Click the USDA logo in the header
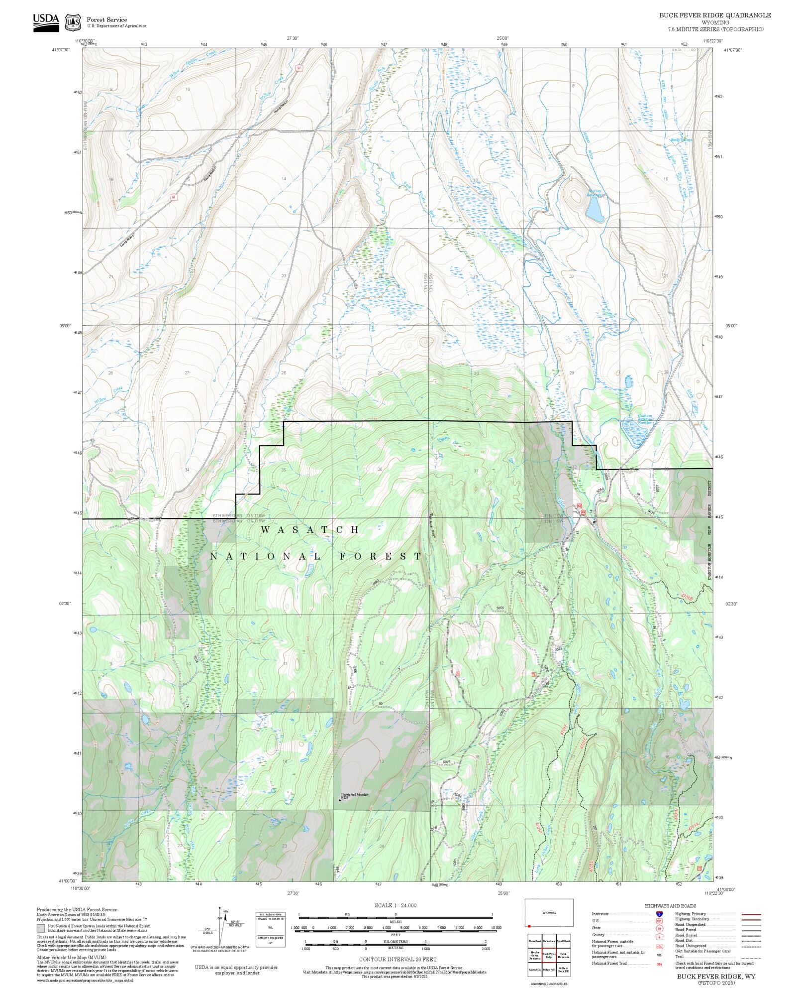tap(46, 22)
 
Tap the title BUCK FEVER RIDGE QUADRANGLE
tap(715, 15)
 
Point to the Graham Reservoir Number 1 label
tap(645, 419)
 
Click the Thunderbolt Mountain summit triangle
tap(340, 800)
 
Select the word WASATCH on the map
tap(309, 529)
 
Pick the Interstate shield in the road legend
tap(659, 914)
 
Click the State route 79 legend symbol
tap(659, 928)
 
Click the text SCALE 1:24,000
tap(396, 905)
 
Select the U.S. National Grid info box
tap(271, 929)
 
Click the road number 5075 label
tap(446, 762)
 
